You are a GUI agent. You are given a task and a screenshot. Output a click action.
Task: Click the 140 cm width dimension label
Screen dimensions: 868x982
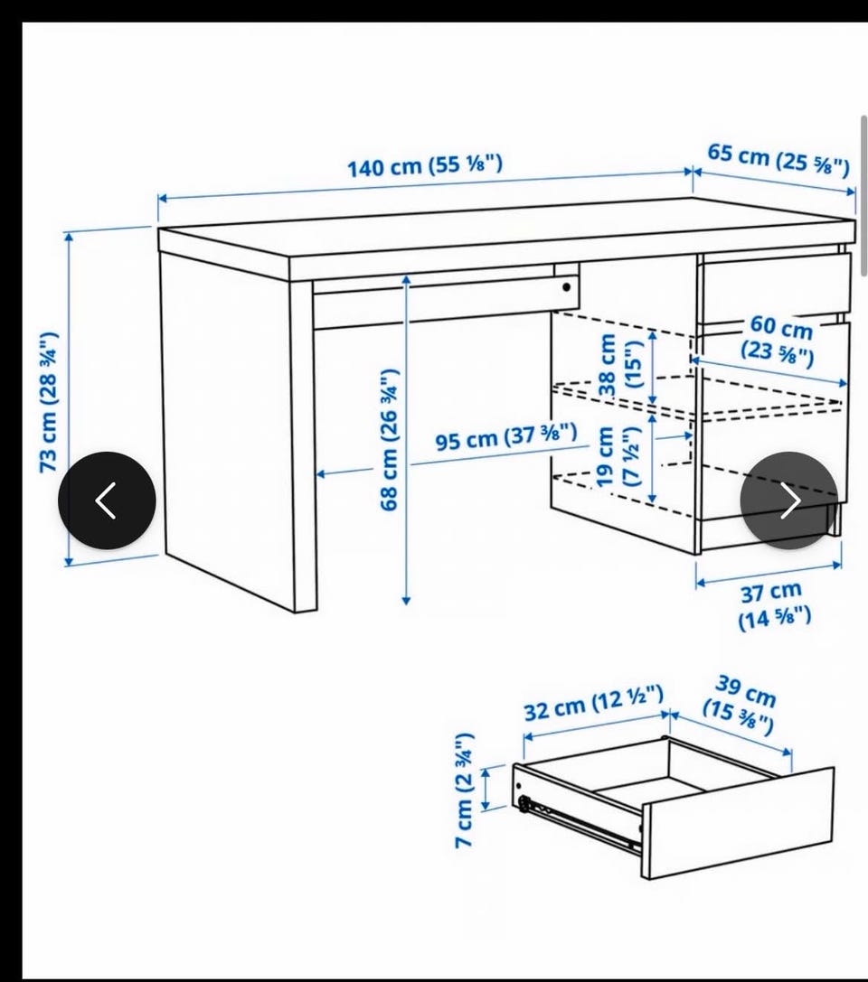pos(425,166)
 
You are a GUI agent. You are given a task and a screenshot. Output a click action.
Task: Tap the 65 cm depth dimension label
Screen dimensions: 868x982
pos(779,159)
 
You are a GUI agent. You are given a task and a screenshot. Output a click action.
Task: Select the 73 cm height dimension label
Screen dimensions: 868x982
pos(50,402)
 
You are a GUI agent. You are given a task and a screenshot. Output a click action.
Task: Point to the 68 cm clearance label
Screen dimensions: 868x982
pos(390,439)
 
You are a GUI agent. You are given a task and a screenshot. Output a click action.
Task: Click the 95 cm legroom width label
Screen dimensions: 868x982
pos(506,435)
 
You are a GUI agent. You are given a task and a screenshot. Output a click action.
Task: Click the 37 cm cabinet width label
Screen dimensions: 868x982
pos(775,605)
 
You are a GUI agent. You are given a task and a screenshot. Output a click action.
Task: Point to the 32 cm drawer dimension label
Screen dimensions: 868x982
pos(593,703)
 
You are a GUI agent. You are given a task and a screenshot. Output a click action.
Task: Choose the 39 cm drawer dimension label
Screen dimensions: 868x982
pos(741,704)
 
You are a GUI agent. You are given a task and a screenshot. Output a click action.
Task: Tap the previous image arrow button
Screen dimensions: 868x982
pos(108,500)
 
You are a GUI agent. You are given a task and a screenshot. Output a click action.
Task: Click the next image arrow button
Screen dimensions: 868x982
pos(789,500)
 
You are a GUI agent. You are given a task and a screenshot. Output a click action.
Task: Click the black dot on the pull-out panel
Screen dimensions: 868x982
pos(567,287)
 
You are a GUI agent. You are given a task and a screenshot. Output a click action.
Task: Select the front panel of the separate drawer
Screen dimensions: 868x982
pos(739,822)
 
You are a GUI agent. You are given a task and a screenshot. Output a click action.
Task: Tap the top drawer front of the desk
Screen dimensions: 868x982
pos(775,287)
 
